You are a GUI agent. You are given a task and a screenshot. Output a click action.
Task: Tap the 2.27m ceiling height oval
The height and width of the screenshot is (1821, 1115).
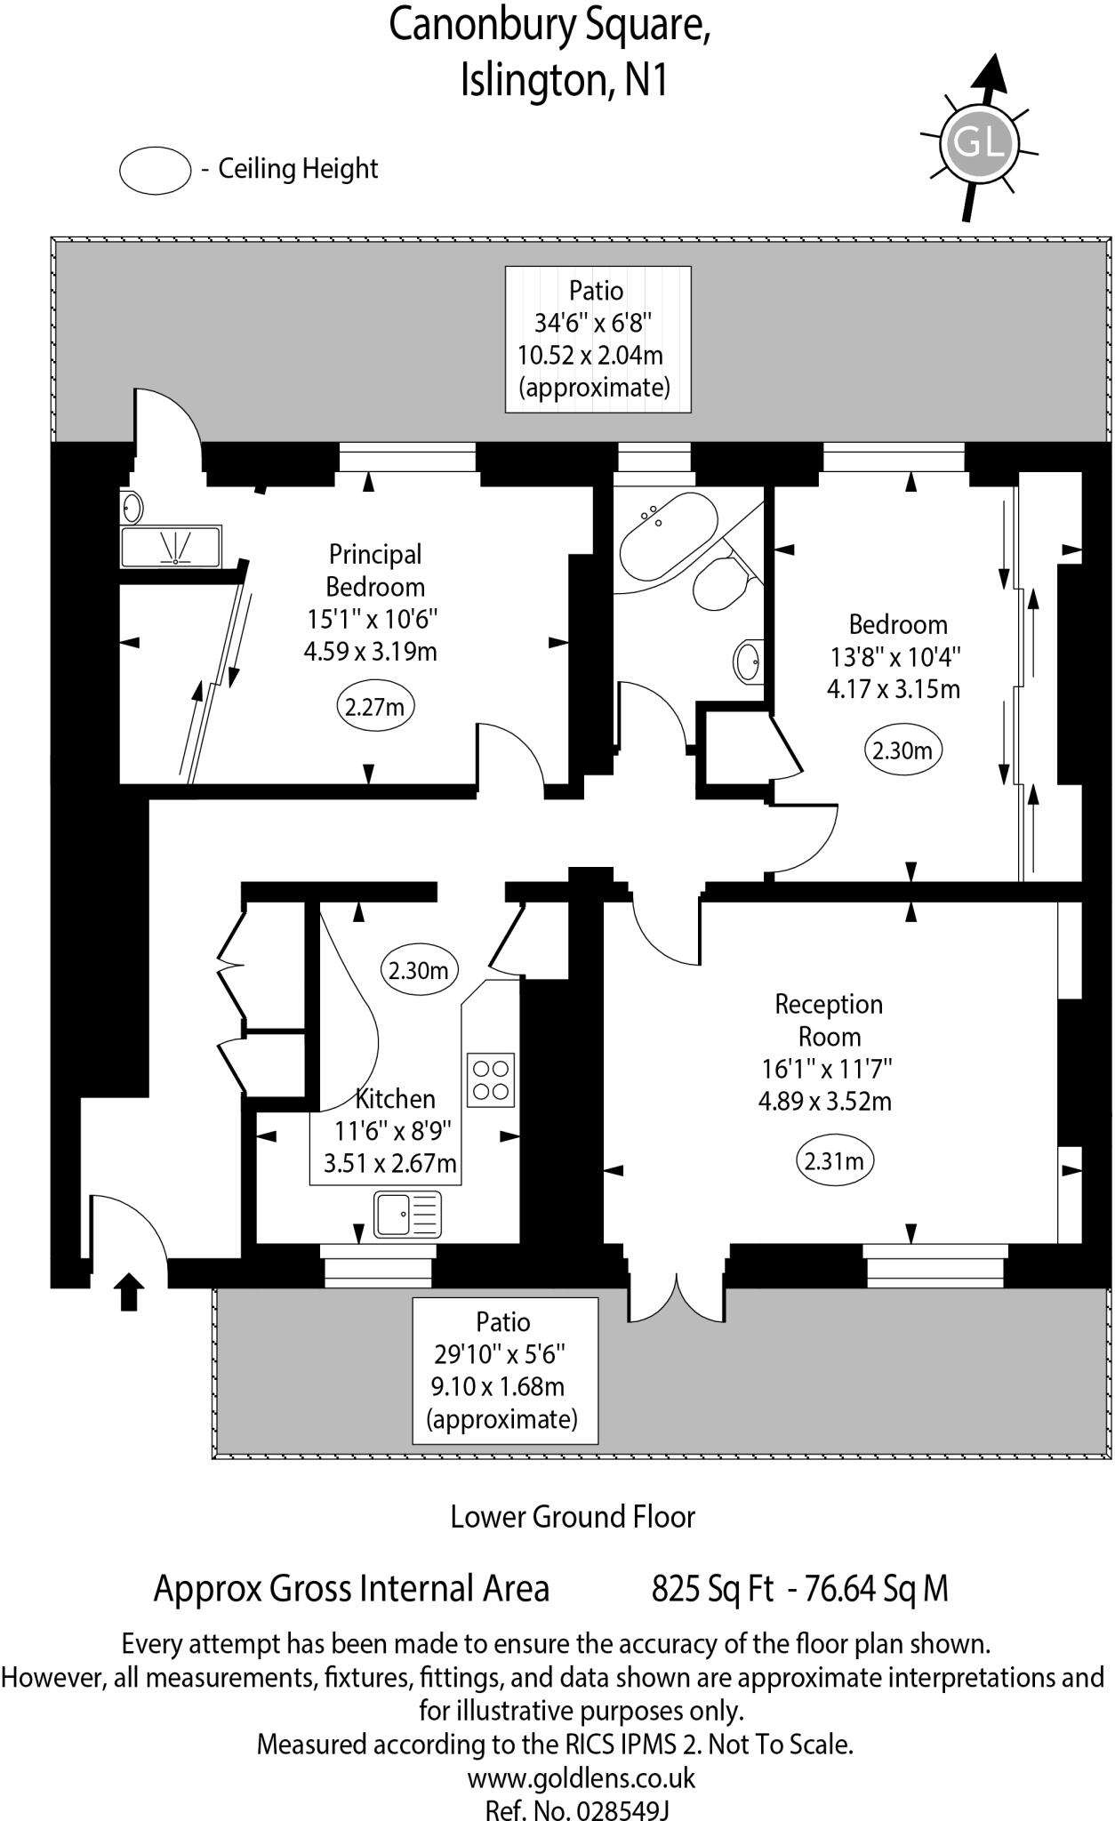(x=375, y=707)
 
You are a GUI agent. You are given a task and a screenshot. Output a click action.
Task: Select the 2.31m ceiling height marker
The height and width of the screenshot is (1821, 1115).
(x=833, y=1160)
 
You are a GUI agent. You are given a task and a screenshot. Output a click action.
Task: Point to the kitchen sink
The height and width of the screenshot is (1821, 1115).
(x=407, y=1215)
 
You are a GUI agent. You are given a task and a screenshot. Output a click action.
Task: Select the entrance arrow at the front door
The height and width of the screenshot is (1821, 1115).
(x=130, y=1291)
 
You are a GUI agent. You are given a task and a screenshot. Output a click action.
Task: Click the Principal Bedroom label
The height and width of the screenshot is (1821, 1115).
(x=374, y=570)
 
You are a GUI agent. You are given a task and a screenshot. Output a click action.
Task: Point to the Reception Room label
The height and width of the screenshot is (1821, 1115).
(x=829, y=1020)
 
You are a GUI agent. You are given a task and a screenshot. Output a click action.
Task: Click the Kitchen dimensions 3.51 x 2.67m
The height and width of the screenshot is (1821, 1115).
(x=390, y=1163)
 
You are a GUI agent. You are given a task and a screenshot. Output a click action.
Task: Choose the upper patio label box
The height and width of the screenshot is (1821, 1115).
(x=598, y=339)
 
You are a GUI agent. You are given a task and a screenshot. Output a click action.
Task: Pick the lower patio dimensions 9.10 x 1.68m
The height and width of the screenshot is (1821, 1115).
(x=497, y=1386)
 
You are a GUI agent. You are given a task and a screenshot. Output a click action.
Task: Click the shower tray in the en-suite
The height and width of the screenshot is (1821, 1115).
(x=171, y=546)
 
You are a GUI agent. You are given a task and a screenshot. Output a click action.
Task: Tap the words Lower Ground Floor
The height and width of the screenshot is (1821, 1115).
(x=573, y=1516)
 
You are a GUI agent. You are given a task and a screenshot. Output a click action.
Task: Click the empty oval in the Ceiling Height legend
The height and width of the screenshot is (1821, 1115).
(x=156, y=170)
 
